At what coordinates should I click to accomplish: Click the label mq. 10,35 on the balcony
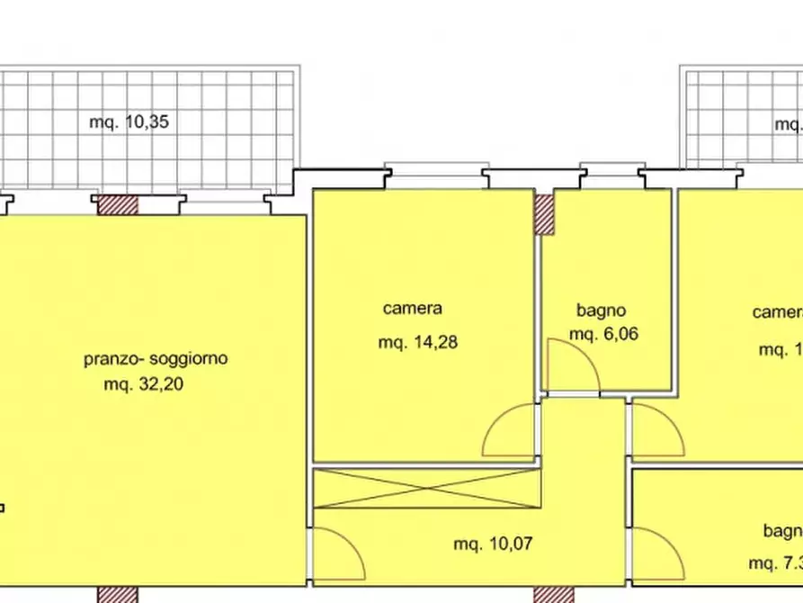click(x=129, y=122)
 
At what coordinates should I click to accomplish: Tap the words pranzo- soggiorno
click(x=156, y=359)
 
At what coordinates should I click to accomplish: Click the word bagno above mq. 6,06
click(x=601, y=311)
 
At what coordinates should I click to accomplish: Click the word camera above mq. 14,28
click(x=413, y=309)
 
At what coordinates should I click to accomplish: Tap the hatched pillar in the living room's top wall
click(x=118, y=205)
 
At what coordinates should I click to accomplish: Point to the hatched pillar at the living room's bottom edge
click(x=117, y=595)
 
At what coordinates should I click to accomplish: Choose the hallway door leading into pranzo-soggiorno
click(x=337, y=553)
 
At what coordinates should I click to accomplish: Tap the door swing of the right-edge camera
click(x=655, y=431)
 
